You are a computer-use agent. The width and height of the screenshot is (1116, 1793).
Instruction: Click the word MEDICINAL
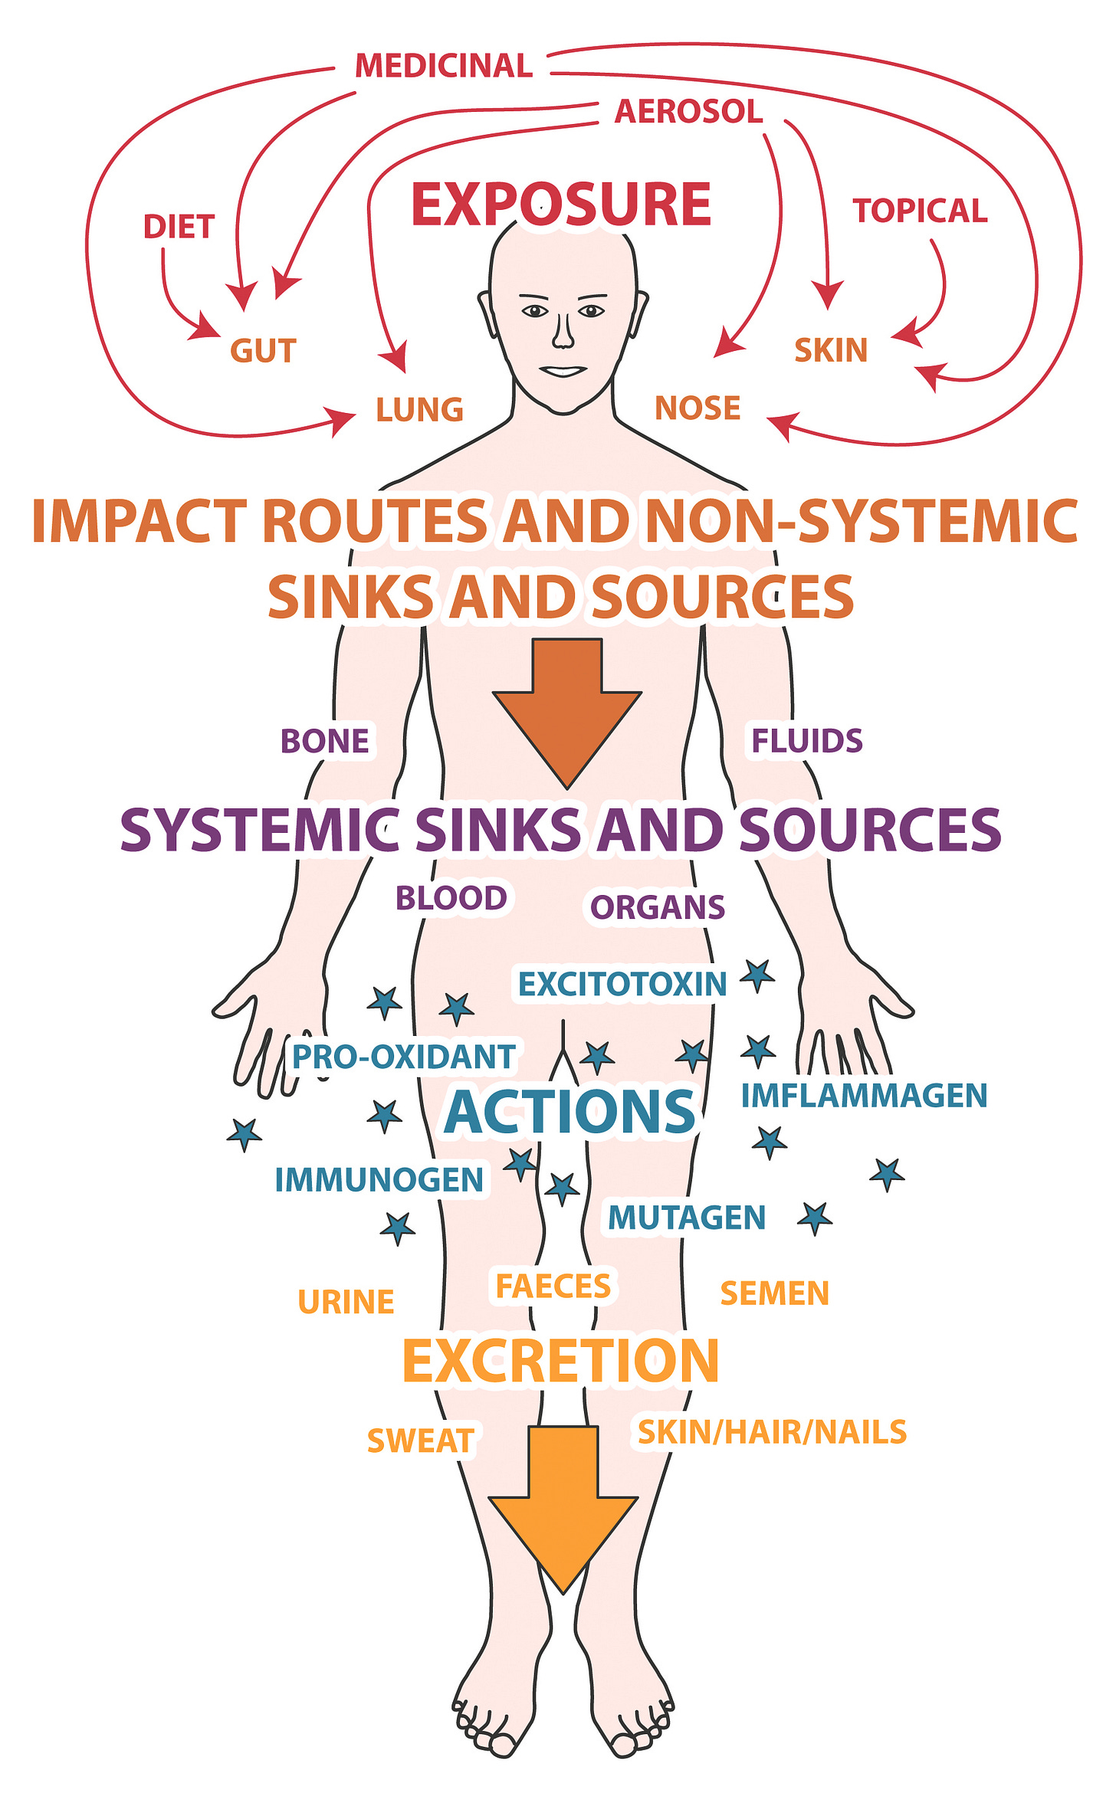click(x=444, y=66)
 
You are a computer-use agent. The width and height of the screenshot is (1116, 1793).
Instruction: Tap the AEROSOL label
click(x=688, y=112)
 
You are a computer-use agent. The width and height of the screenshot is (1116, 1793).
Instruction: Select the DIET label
click(x=179, y=227)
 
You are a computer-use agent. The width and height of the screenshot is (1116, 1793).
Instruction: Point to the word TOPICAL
click(x=920, y=211)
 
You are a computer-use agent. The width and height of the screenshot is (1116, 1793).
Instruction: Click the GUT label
click(x=263, y=351)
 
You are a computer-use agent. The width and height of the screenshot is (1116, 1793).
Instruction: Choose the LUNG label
click(x=419, y=410)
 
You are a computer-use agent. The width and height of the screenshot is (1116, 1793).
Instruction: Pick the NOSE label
click(x=697, y=408)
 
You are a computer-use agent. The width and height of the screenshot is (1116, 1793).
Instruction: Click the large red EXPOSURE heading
click(x=561, y=205)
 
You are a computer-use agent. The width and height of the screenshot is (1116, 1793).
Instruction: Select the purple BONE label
click(x=324, y=742)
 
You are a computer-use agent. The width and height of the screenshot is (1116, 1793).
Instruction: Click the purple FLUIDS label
click(x=806, y=741)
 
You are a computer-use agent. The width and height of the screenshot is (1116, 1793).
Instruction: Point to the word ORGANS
click(x=657, y=907)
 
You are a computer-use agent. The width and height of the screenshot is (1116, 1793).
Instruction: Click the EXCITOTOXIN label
click(x=622, y=985)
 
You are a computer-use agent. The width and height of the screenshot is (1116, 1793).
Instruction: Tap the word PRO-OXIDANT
click(x=404, y=1057)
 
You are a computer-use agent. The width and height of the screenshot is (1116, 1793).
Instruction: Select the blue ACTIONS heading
click(x=569, y=1113)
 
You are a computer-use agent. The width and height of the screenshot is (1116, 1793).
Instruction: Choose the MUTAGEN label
click(x=687, y=1218)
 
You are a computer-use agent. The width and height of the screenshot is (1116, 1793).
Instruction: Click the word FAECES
click(x=553, y=1287)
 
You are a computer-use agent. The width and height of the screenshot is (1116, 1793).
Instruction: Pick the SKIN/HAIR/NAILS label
click(x=772, y=1432)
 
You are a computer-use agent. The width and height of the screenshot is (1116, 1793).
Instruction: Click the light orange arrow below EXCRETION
click(x=563, y=1506)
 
